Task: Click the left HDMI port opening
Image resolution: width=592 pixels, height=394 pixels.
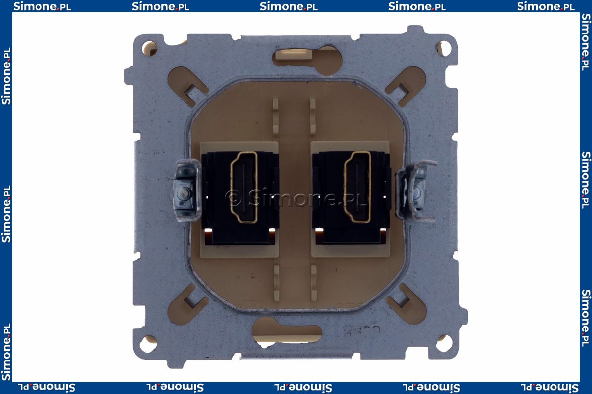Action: tap(244, 187)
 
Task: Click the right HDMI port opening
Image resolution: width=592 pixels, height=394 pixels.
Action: tap(357, 187)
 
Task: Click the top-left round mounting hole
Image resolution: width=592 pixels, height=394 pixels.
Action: tap(149, 48)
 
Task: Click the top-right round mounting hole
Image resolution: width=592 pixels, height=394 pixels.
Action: tap(444, 48)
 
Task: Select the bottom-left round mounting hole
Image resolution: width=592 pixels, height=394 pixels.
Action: tap(148, 344)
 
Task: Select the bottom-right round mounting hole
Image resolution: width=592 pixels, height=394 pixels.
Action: tap(444, 343)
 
